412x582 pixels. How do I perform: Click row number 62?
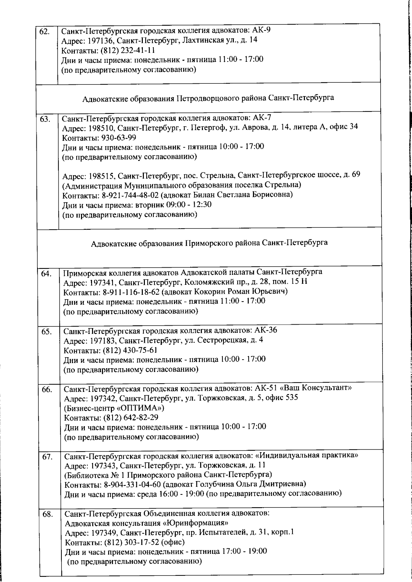[45, 32]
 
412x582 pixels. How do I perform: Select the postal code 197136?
[99, 40]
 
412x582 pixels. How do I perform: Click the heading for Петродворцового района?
[208, 98]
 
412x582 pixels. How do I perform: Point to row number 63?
[45, 120]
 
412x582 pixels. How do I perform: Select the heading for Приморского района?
[209, 243]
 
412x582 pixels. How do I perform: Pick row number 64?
[46, 274]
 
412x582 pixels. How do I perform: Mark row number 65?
[47, 332]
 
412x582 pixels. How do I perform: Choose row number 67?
[47, 457]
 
